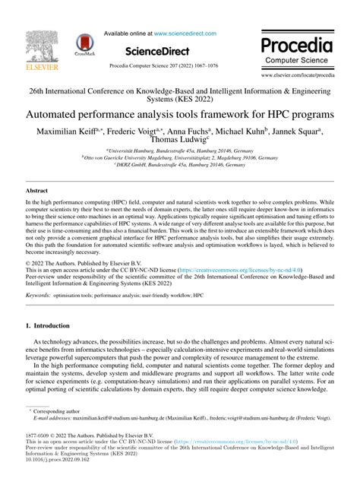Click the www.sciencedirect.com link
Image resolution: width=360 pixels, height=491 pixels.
click(187, 33)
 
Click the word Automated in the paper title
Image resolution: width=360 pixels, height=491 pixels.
click(57, 115)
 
